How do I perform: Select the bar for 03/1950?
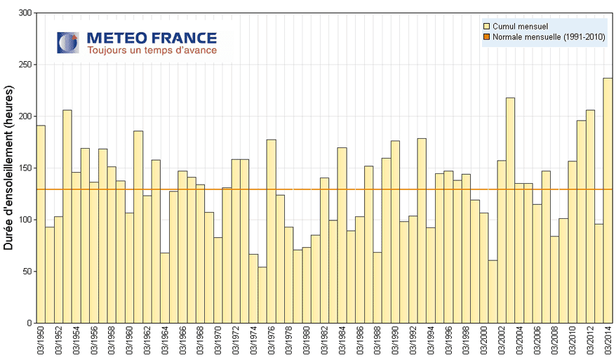[x=41, y=224]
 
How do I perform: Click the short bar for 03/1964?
[x=165, y=288]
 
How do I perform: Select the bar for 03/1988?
[x=377, y=288]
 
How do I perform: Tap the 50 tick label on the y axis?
[x=27, y=272]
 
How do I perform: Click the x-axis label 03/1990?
[x=395, y=342]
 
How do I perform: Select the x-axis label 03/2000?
[x=483, y=342]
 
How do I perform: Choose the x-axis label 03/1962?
[x=147, y=342]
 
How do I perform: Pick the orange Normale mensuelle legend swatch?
[x=487, y=37]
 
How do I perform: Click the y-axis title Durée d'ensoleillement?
[x=10, y=168]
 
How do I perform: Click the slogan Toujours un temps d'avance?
[x=152, y=51]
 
